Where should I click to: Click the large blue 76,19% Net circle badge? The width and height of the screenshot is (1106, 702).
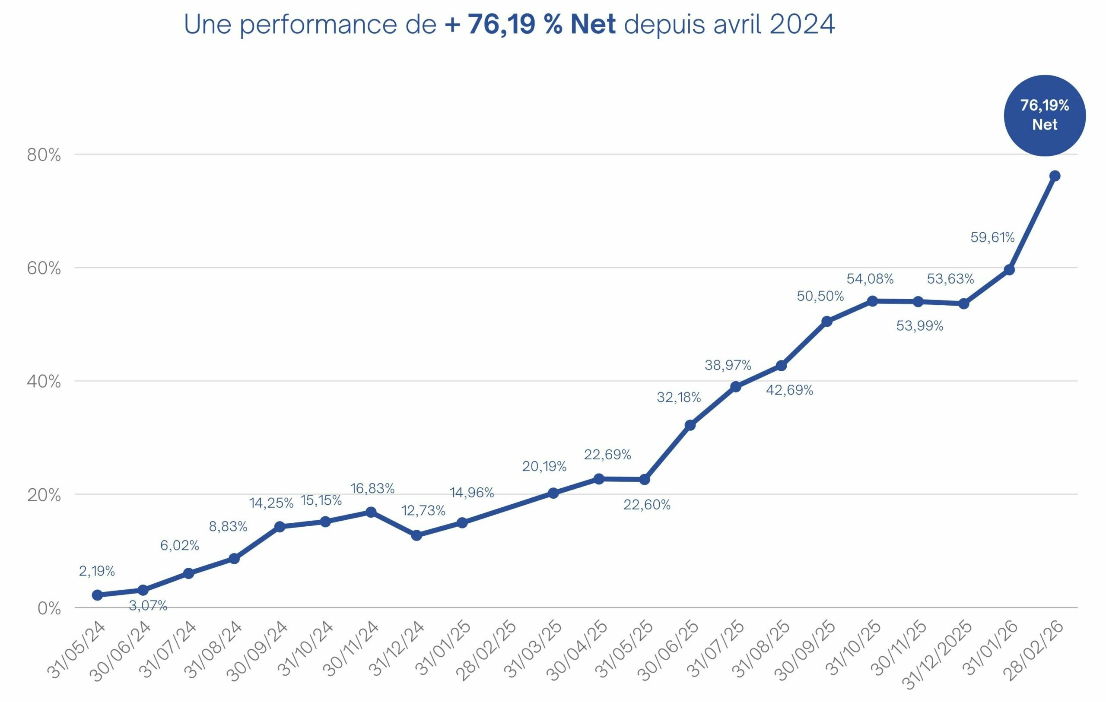[1045, 115]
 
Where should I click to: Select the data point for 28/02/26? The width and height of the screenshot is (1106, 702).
[1055, 176]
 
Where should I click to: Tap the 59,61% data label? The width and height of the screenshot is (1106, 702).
[992, 237]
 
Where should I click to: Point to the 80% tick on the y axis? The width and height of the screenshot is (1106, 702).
[44, 155]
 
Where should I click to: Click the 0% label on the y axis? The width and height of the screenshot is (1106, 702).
[50, 609]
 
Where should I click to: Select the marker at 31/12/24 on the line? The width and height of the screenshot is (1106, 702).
[416, 535]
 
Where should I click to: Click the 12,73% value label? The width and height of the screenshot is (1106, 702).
[423, 511]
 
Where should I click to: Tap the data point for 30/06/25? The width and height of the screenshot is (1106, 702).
[690, 425]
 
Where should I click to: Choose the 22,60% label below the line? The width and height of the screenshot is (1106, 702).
[647, 505]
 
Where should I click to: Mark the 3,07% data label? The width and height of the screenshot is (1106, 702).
[148, 606]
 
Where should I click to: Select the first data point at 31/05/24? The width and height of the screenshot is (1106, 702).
[97, 595]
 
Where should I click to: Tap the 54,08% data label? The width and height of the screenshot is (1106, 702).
[870, 279]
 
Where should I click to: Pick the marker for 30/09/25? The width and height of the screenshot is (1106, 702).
[827, 321]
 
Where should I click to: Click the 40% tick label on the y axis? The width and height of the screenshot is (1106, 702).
[44, 382]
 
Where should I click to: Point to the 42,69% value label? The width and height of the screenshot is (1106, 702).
[790, 390]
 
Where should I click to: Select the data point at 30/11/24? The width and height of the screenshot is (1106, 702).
[371, 512]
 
